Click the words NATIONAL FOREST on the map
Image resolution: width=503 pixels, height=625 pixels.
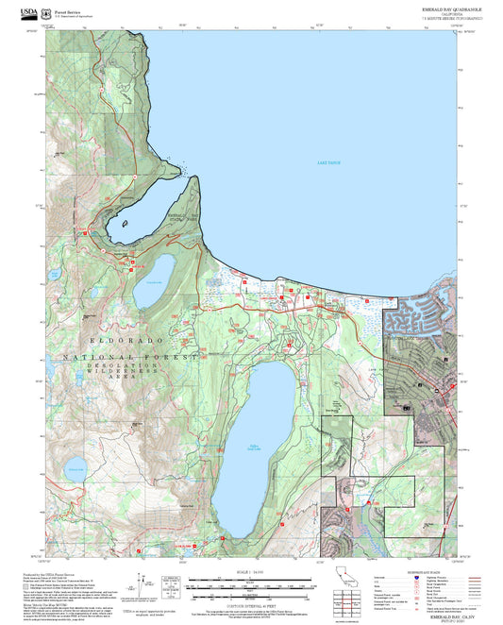(130, 358)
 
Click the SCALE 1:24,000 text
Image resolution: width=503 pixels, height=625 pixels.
(250, 571)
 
